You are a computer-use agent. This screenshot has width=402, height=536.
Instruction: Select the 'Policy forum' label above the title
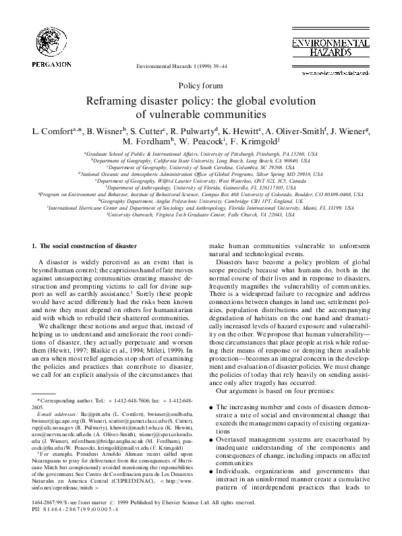[x=200, y=86]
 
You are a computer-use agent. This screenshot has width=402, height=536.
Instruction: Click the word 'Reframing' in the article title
[x=111, y=101]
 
